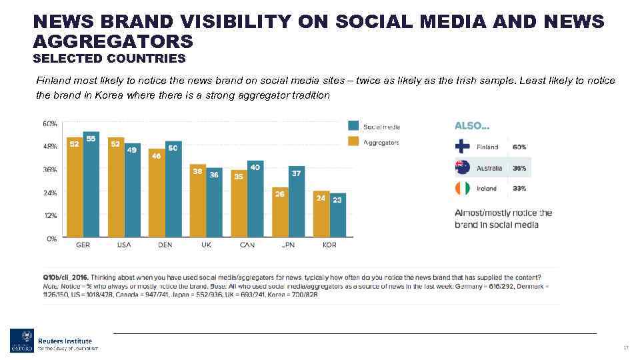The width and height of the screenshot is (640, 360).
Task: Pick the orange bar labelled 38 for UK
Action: [x=198, y=201]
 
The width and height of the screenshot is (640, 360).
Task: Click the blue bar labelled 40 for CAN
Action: [x=255, y=199]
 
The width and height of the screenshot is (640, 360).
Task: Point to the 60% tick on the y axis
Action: [x=50, y=124]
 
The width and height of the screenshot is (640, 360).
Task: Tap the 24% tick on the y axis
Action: [x=50, y=193]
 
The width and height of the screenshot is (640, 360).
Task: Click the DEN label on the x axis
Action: [x=165, y=245]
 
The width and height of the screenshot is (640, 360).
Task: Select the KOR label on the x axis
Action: [x=329, y=245]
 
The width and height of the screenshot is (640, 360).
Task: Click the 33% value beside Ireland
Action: [x=519, y=189]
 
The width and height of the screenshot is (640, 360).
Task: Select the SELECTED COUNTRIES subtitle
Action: [x=109, y=59]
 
